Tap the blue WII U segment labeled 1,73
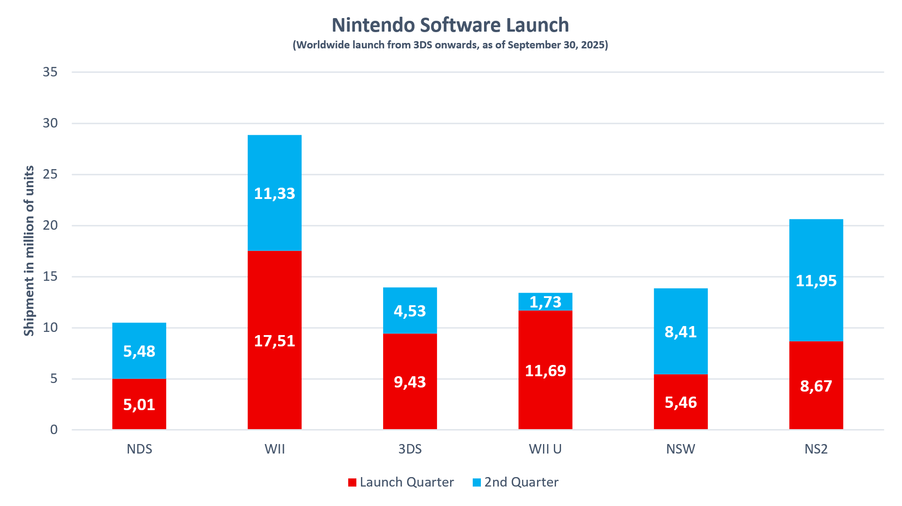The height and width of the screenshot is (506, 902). [x=545, y=302]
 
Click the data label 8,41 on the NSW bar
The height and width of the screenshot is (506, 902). [x=681, y=332]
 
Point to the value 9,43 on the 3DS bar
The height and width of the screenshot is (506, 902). [x=410, y=382]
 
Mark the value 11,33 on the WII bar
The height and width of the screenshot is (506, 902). [x=274, y=194]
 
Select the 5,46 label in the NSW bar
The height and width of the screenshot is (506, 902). [x=681, y=402]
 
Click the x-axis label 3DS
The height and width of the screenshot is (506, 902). [x=410, y=449]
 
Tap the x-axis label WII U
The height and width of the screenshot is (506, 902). [x=545, y=449]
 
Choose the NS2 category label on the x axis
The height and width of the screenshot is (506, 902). [x=816, y=449]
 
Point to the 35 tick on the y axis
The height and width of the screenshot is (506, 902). [x=50, y=72]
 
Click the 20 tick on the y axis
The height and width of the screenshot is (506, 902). [x=50, y=225]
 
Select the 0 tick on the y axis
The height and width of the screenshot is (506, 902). [x=54, y=430]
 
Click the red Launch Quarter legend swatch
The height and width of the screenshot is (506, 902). [x=352, y=482]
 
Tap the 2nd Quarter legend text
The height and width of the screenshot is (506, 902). [x=521, y=482]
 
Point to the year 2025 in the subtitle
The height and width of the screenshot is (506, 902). [x=593, y=45]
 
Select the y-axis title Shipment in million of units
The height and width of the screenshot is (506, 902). [x=29, y=251]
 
